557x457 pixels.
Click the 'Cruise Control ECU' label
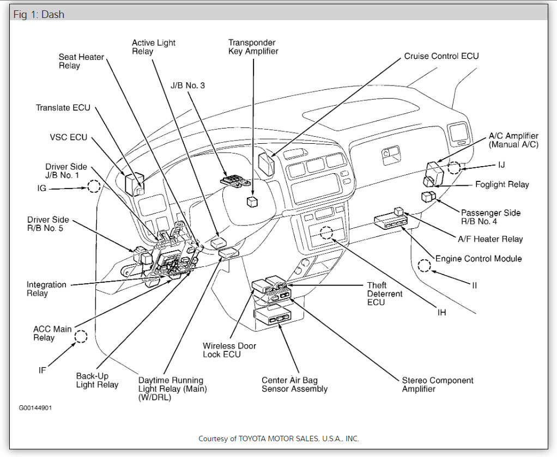(441, 56)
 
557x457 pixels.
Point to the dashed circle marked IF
(81, 336)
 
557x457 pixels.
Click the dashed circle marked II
(425, 266)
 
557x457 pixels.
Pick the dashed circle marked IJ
(454, 167)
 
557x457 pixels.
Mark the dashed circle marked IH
(326, 233)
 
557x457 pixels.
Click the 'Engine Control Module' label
(478, 259)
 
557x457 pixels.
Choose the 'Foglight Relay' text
(502, 185)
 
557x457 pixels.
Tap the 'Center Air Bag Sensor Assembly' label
(294, 385)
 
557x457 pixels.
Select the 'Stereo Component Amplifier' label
(438, 385)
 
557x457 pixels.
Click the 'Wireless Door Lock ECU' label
(229, 350)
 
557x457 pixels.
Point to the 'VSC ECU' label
(69, 137)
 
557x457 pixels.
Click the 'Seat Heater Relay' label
(81, 61)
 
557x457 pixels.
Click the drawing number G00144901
(35, 407)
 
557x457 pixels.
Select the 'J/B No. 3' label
(187, 85)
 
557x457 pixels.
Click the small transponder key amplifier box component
(252, 202)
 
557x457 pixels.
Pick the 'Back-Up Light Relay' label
(97, 380)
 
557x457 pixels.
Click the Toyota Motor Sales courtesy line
(278, 438)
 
